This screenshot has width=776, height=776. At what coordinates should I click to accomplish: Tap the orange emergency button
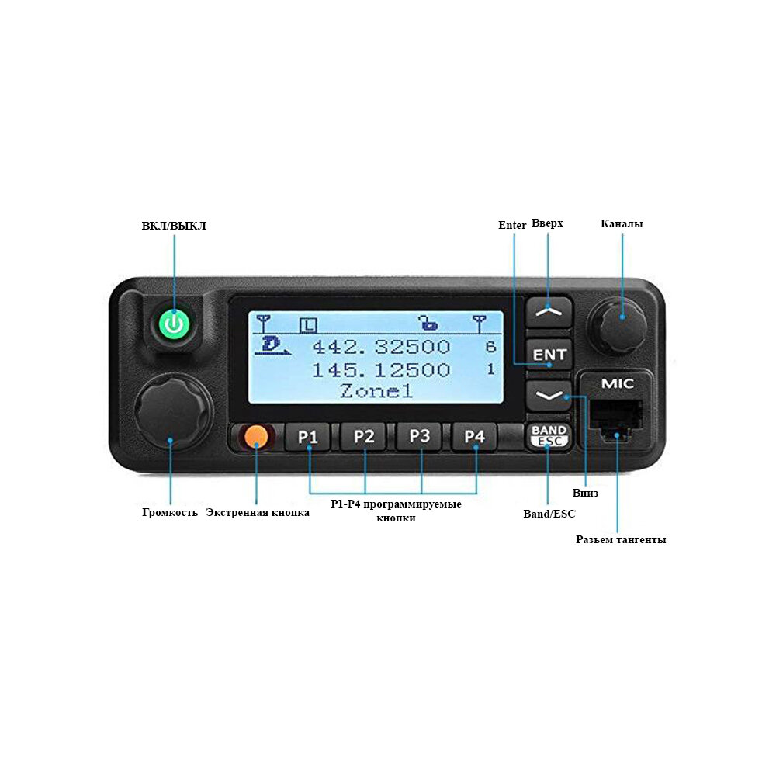tap(255, 437)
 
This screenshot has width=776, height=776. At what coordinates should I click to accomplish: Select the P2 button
tap(364, 436)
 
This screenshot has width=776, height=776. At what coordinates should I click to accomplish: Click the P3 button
tap(420, 436)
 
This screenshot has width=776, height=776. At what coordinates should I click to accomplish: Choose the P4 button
tap(474, 436)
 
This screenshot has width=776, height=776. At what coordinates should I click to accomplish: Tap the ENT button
tap(549, 354)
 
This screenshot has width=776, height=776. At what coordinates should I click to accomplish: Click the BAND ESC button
tap(549, 436)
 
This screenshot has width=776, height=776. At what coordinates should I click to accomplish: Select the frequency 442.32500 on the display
tap(380, 347)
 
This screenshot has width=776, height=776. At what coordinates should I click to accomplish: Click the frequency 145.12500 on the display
tap(380, 370)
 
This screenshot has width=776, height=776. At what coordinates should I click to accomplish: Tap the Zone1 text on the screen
tap(376, 391)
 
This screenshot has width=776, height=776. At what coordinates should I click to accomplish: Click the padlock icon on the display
tap(427, 321)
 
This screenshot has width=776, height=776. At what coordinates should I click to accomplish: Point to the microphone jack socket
tap(617, 424)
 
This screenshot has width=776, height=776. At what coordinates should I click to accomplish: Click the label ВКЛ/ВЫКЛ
tap(174, 227)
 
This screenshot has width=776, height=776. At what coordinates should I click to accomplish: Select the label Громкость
tap(170, 513)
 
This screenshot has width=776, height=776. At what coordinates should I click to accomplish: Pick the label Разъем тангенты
tap(620, 540)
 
